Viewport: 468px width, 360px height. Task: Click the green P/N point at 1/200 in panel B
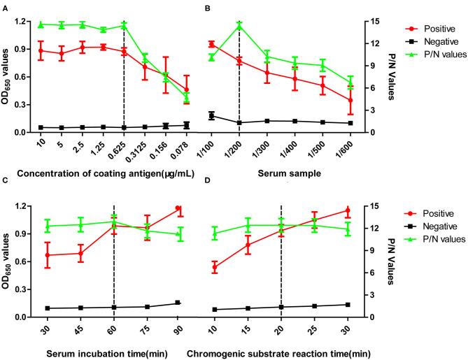(239, 25)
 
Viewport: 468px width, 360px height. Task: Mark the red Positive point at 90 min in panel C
(178, 208)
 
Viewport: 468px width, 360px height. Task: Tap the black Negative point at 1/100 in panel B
(212, 115)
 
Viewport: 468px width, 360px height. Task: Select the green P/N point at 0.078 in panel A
(187, 96)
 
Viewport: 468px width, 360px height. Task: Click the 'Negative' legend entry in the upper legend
(431, 41)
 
